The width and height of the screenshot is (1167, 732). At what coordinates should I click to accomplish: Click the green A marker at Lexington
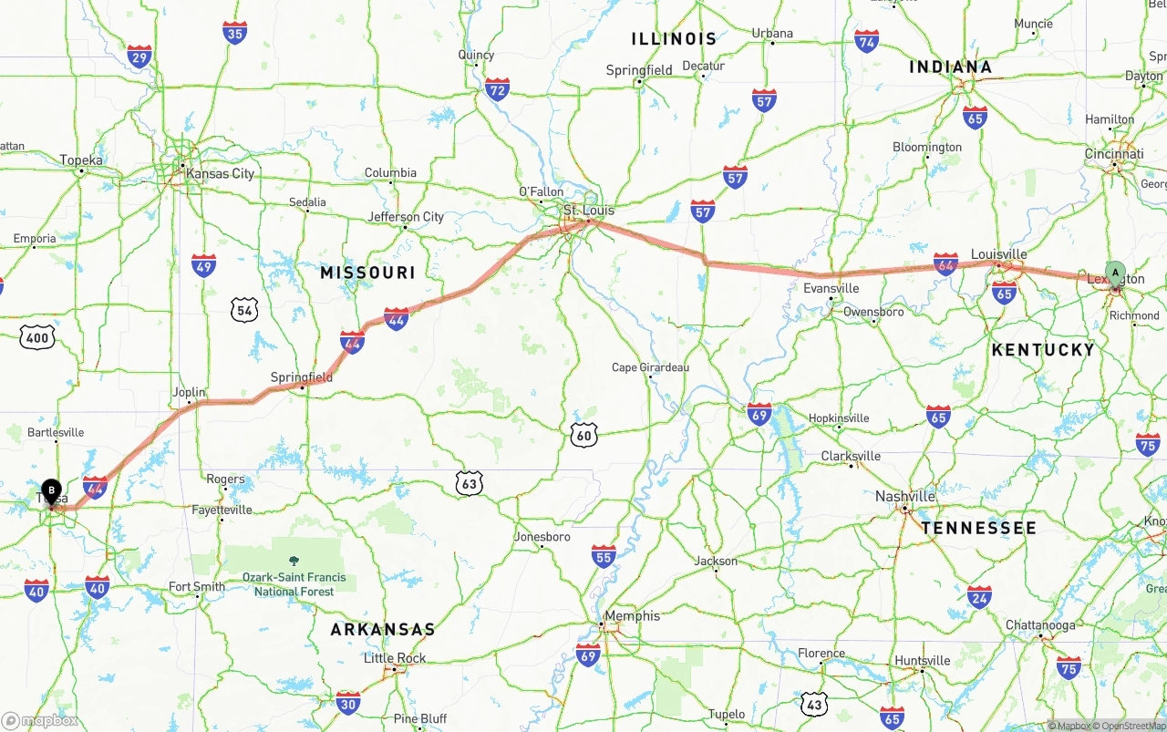1115,273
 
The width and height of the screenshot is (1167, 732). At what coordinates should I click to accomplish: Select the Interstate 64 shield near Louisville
945,264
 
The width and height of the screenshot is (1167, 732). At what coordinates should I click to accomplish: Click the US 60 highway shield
584,435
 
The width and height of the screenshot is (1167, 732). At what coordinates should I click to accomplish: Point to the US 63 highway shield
469,483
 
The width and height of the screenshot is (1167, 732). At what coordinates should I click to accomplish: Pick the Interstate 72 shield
497,88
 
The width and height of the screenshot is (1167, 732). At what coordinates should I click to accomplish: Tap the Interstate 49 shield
204,265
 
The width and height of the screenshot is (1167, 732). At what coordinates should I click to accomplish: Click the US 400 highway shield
37,338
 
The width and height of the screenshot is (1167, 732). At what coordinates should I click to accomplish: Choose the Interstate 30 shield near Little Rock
347,703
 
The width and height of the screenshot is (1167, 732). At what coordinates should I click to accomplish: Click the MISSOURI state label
367,273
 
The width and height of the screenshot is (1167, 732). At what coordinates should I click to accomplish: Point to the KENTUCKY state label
1043,350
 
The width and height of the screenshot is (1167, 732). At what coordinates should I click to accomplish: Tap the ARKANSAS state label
383,630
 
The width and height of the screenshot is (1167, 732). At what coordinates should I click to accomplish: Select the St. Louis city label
588,211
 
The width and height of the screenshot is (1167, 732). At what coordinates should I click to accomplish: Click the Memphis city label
632,616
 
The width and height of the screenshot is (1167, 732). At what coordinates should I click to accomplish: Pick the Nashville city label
904,497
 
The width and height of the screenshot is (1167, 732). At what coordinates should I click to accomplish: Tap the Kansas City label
220,173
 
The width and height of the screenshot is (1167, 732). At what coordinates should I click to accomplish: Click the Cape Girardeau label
650,367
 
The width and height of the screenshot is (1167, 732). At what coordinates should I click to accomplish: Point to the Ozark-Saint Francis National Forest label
294,584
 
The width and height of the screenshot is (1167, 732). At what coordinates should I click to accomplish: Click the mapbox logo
40,720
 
